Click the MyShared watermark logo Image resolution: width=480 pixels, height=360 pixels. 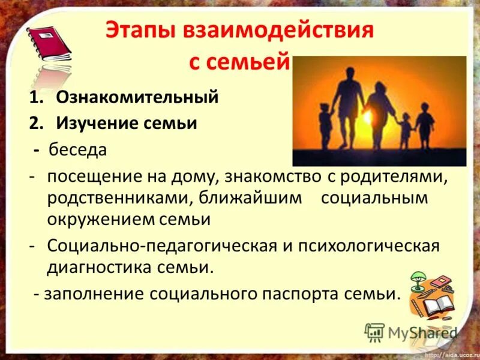tap(412, 332)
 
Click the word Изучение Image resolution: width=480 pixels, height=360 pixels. tap(95, 123)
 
